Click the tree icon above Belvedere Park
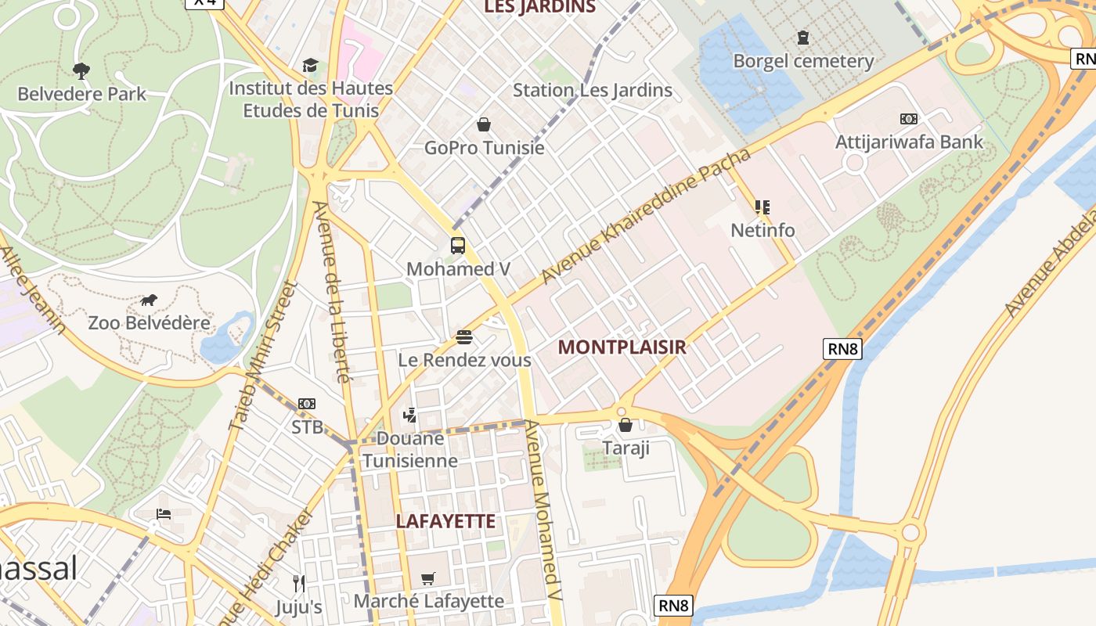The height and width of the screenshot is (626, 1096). (x=81, y=71)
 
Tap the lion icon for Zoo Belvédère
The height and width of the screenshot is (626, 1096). (x=149, y=300)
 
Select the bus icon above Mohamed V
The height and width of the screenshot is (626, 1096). (x=458, y=246)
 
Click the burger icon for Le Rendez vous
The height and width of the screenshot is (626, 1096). (x=464, y=337)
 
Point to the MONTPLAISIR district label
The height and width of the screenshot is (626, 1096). (x=622, y=347)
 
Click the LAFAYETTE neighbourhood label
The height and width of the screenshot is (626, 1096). (x=445, y=521)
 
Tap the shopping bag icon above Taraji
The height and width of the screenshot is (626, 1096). (x=626, y=425)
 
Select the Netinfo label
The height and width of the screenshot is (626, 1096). (x=763, y=230)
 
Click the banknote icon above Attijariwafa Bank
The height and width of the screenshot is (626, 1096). (x=909, y=119)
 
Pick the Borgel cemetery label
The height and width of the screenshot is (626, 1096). (x=803, y=61)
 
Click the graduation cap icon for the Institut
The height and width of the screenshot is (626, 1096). (x=311, y=65)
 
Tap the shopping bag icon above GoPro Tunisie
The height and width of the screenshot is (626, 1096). (x=484, y=124)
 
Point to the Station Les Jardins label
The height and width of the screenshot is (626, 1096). (x=592, y=90)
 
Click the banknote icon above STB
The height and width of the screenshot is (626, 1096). (x=307, y=404)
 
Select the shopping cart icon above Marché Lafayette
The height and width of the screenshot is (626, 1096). (x=427, y=578)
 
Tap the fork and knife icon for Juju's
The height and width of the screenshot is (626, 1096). (x=298, y=583)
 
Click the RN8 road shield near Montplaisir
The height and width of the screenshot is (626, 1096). (x=842, y=349)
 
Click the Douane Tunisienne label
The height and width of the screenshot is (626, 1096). (x=410, y=449)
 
